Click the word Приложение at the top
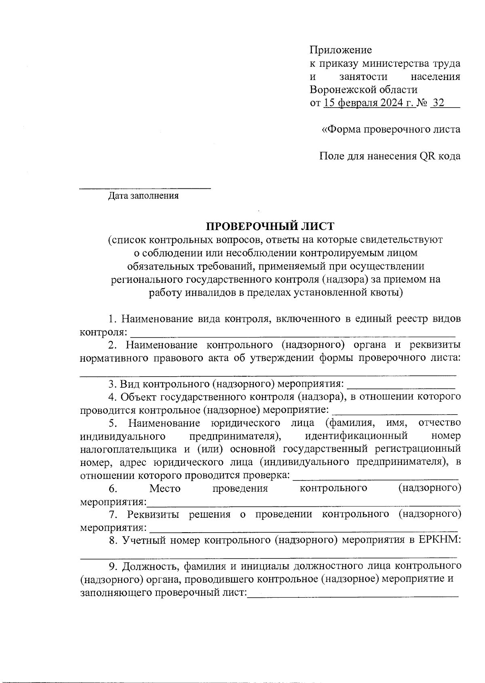(x=341, y=50)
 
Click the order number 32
(x=438, y=103)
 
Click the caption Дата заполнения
(x=143, y=196)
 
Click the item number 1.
(x=112, y=319)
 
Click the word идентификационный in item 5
(x=356, y=436)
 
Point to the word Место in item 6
(x=165, y=489)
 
